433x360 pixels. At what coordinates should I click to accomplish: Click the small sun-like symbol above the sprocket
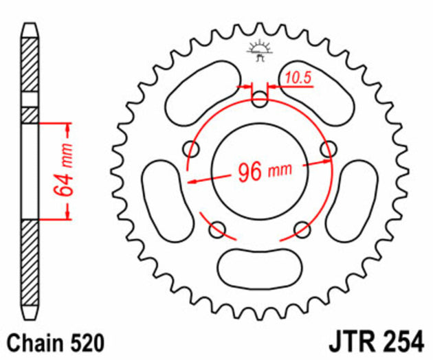tap(259, 50)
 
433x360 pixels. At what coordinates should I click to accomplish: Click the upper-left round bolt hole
tap(192, 148)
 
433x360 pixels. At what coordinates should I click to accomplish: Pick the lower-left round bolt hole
tap(219, 228)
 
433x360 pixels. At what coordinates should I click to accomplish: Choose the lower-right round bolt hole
tap(301, 228)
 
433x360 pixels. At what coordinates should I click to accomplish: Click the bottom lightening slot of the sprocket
tap(260, 265)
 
